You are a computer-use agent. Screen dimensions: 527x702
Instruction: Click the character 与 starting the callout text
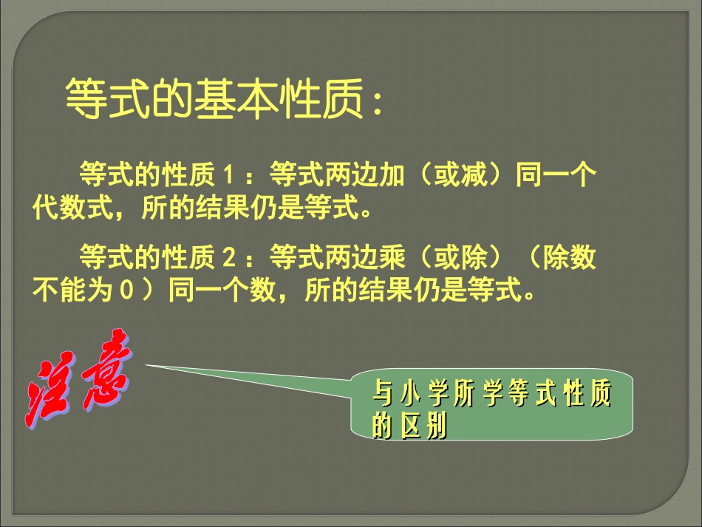[382, 397]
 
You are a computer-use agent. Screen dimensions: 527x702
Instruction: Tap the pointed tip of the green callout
[146, 364]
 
